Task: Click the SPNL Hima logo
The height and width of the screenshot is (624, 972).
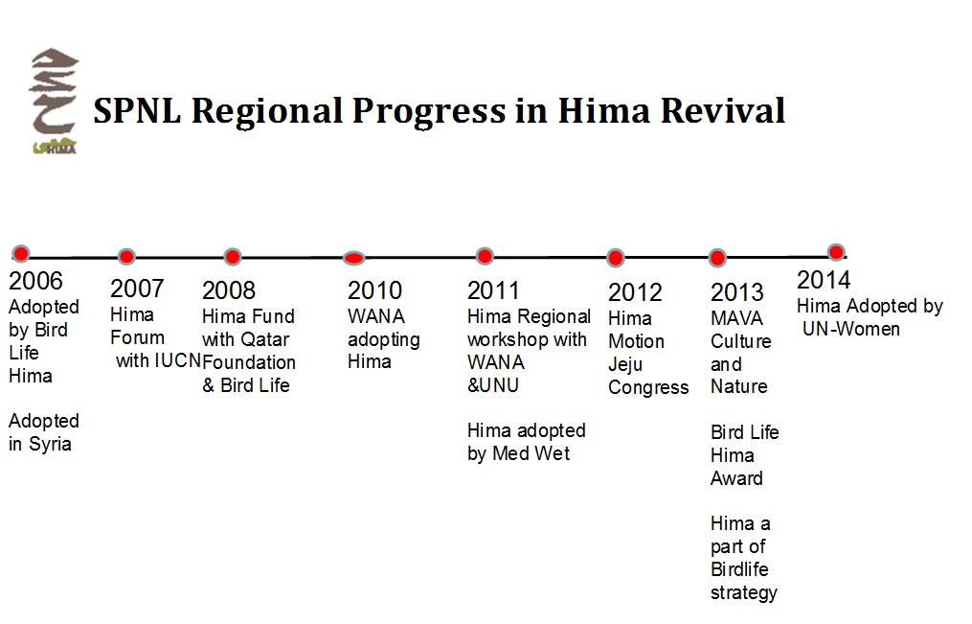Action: pyautogui.click(x=54, y=102)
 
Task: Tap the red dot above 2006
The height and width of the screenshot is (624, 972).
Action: pyautogui.click(x=20, y=253)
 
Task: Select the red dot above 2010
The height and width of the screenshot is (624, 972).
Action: pyautogui.click(x=354, y=257)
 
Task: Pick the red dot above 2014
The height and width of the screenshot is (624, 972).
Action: pyautogui.click(x=835, y=252)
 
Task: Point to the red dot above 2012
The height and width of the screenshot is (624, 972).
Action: pyautogui.click(x=616, y=258)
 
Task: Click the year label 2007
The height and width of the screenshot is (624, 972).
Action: pyautogui.click(x=137, y=289)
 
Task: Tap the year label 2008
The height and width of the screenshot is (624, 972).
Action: pyautogui.click(x=229, y=290)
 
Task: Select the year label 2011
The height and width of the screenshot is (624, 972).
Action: pyautogui.click(x=493, y=290)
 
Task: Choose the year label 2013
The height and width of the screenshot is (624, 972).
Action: pyautogui.click(x=737, y=292)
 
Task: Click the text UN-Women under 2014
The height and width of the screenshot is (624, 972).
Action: pyautogui.click(x=851, y=329)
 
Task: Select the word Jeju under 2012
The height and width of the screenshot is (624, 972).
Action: pyautogui.click(x=625, y=364)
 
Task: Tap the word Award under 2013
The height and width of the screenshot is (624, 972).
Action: pyautogui.click(x=736, y=478)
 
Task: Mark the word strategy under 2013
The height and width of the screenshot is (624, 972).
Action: pyautogui.click(x=743, y=592)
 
